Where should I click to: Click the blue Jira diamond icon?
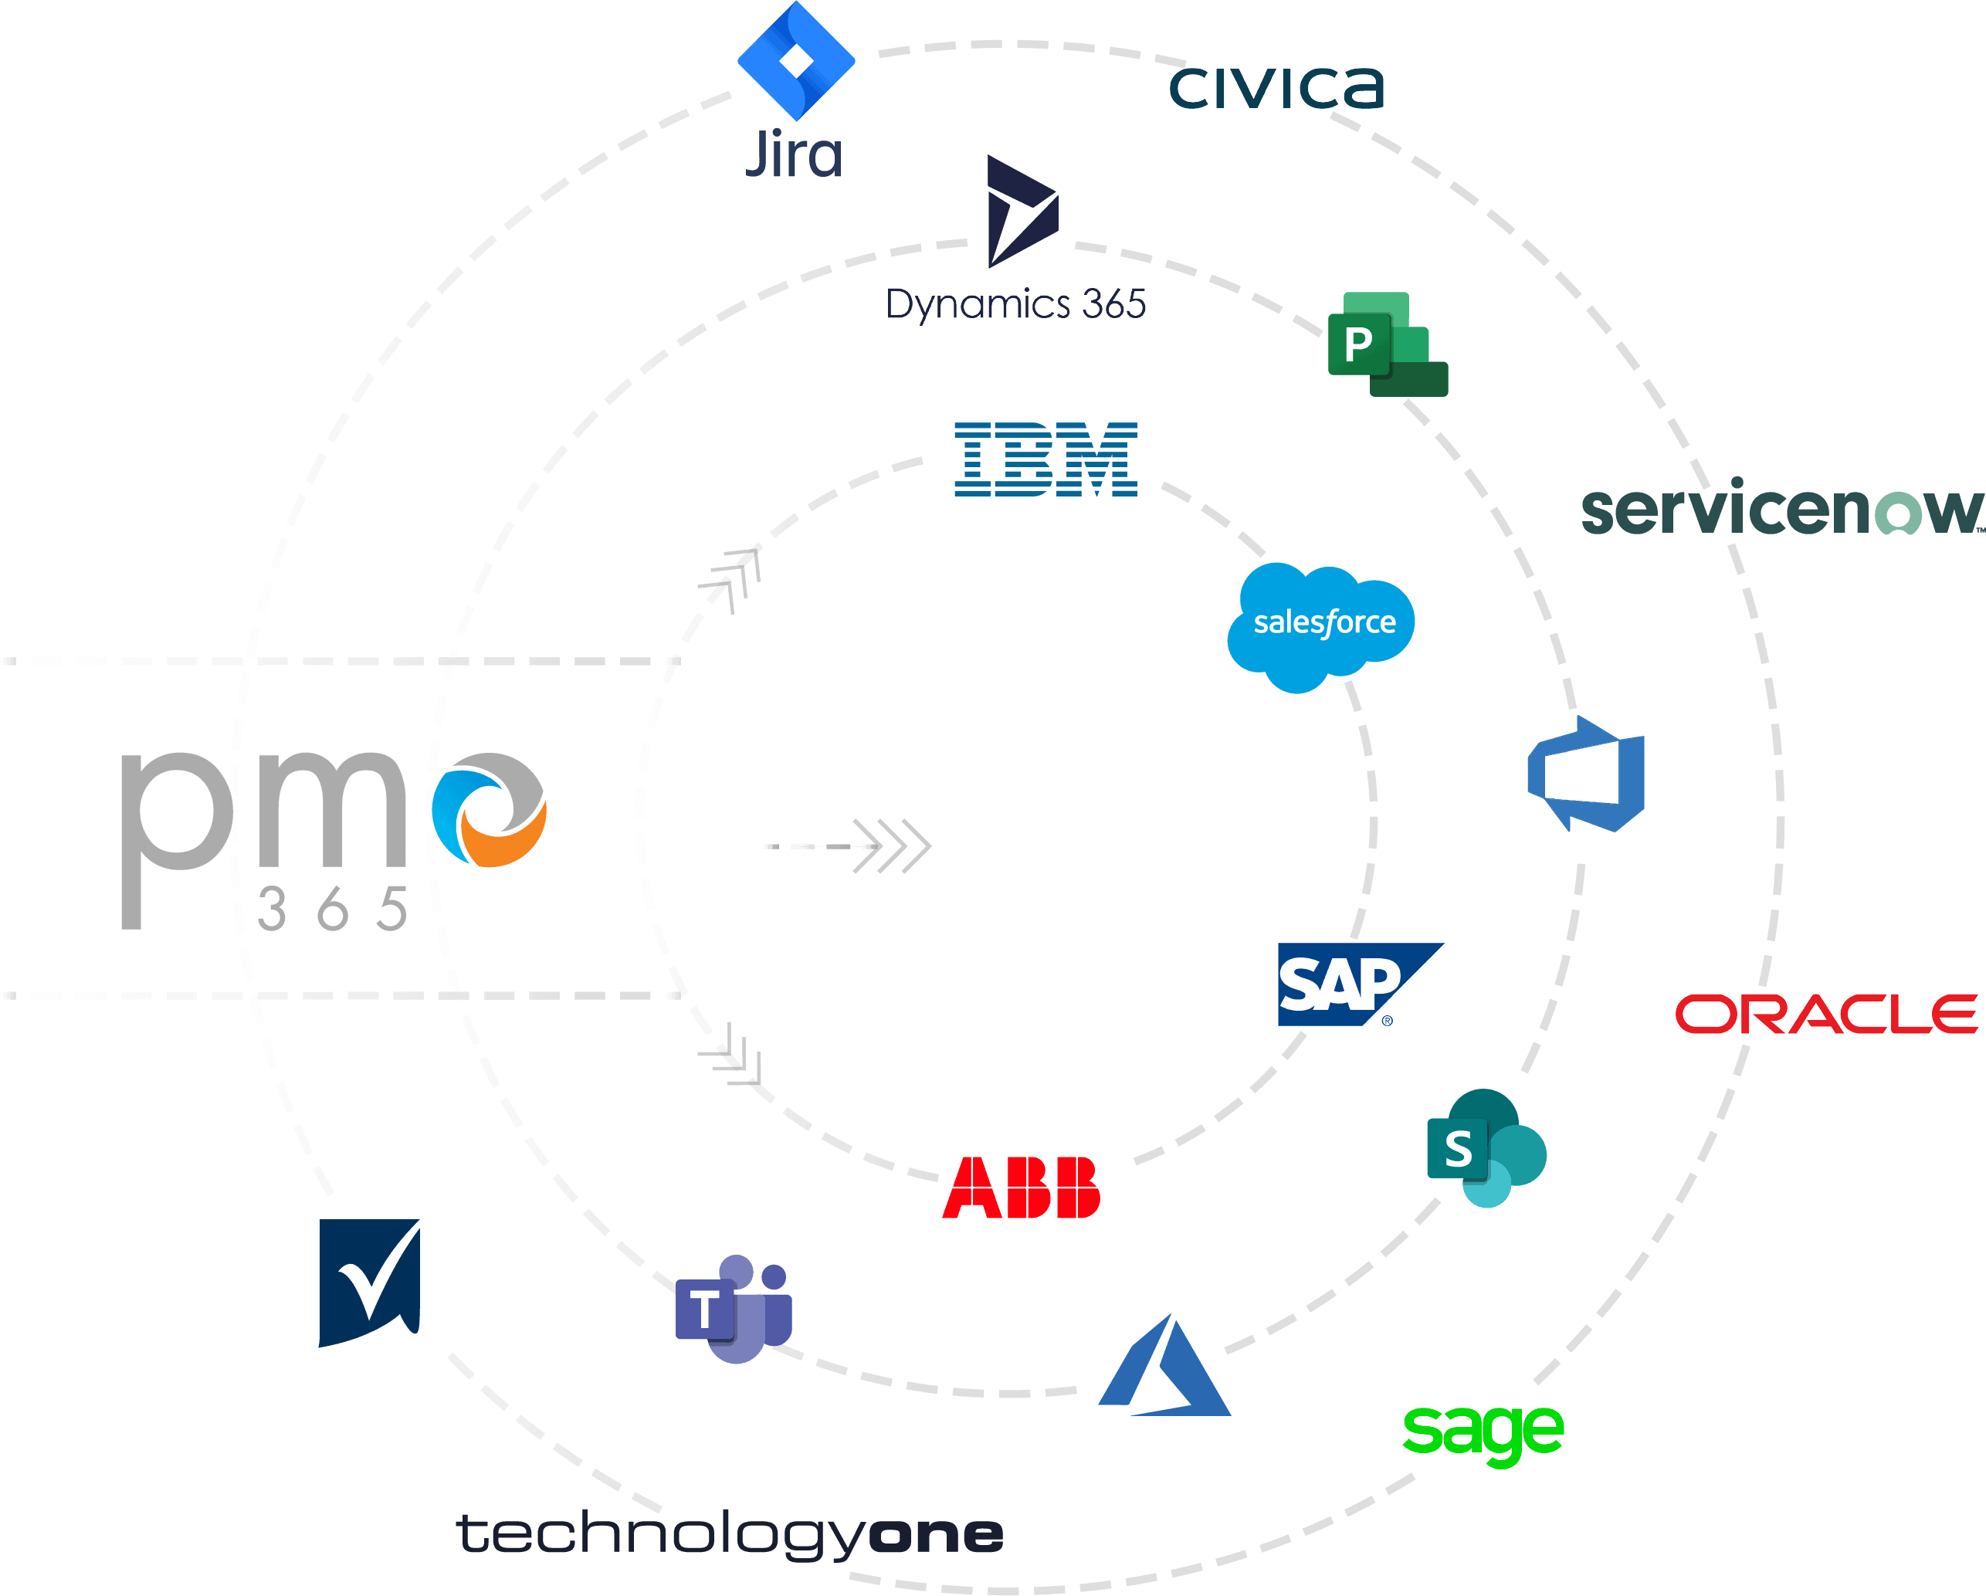click(x=796, y=61)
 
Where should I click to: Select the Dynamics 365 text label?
click(x=1015, y=305)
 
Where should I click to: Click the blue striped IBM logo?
click(x=1046, y=459)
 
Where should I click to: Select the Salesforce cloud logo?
click(x=1322, y=625)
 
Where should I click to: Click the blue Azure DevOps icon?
click(x=1586, y=774)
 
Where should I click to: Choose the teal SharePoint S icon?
click(x=1483, y=1148)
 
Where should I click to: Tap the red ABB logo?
click(x=1021, y=1188)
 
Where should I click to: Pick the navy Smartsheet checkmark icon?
click(x=368, y=1281)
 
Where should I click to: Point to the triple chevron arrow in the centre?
click(x=889, y=845)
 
